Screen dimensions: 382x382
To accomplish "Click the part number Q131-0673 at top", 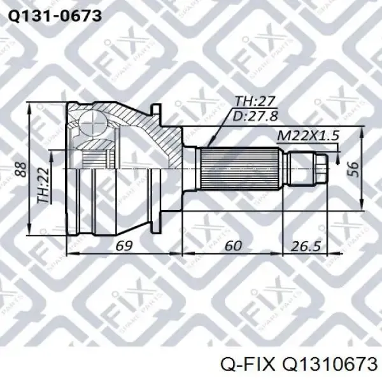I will click(54, 16).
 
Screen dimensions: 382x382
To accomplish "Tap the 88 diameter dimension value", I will click(21, 169).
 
